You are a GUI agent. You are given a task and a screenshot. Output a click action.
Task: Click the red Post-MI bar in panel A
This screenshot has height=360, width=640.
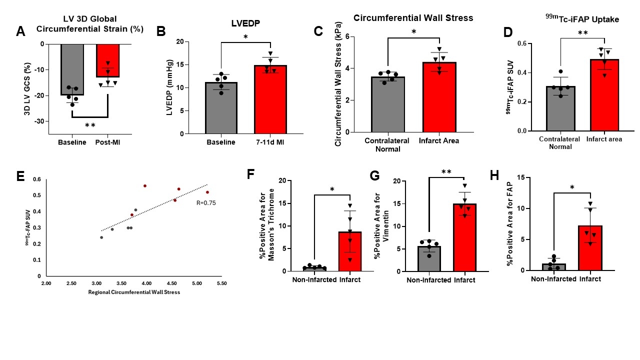tap(108, 60)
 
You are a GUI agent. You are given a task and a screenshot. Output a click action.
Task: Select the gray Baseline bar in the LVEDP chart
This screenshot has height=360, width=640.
tap(221, 108)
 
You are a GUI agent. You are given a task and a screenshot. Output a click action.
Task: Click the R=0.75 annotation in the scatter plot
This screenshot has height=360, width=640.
tap(206, 203)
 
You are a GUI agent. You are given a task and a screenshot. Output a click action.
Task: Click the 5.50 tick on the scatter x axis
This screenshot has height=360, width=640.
tap(220, 283)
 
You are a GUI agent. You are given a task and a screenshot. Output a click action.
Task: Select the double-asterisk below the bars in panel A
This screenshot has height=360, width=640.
tap(90, 125)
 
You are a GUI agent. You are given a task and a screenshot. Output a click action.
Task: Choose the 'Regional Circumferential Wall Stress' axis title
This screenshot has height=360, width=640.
tap(134, 292)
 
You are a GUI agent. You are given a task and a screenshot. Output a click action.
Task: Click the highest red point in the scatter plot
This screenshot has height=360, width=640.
tap(145, 185)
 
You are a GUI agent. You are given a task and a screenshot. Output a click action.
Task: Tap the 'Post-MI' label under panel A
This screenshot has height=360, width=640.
tap(108, 142)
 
